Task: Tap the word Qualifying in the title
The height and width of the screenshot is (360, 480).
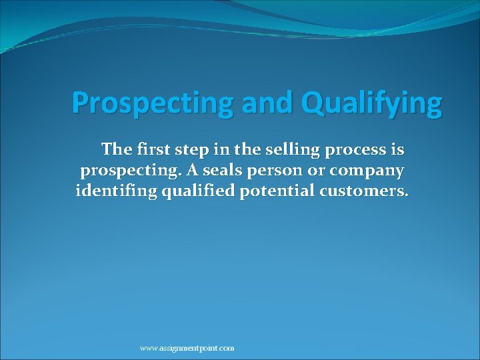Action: click(x=371, y=103)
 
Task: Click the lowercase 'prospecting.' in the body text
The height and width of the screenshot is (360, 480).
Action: click(x=130, y=171)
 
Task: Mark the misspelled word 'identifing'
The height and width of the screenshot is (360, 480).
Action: click(x=114, y=192)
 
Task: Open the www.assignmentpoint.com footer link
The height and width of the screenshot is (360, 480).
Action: click(x=187, y=348)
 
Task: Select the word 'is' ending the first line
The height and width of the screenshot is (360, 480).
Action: click(x=397, y=150)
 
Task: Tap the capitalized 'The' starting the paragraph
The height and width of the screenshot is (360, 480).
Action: click(x=114, y=150)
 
